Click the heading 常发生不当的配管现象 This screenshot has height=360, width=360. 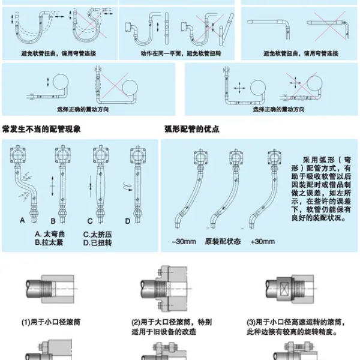coord(41,129)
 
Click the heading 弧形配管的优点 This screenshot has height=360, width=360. coord(191,129)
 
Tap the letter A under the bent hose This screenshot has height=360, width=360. coord(22,221)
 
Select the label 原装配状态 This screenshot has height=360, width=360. coord(223,241)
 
